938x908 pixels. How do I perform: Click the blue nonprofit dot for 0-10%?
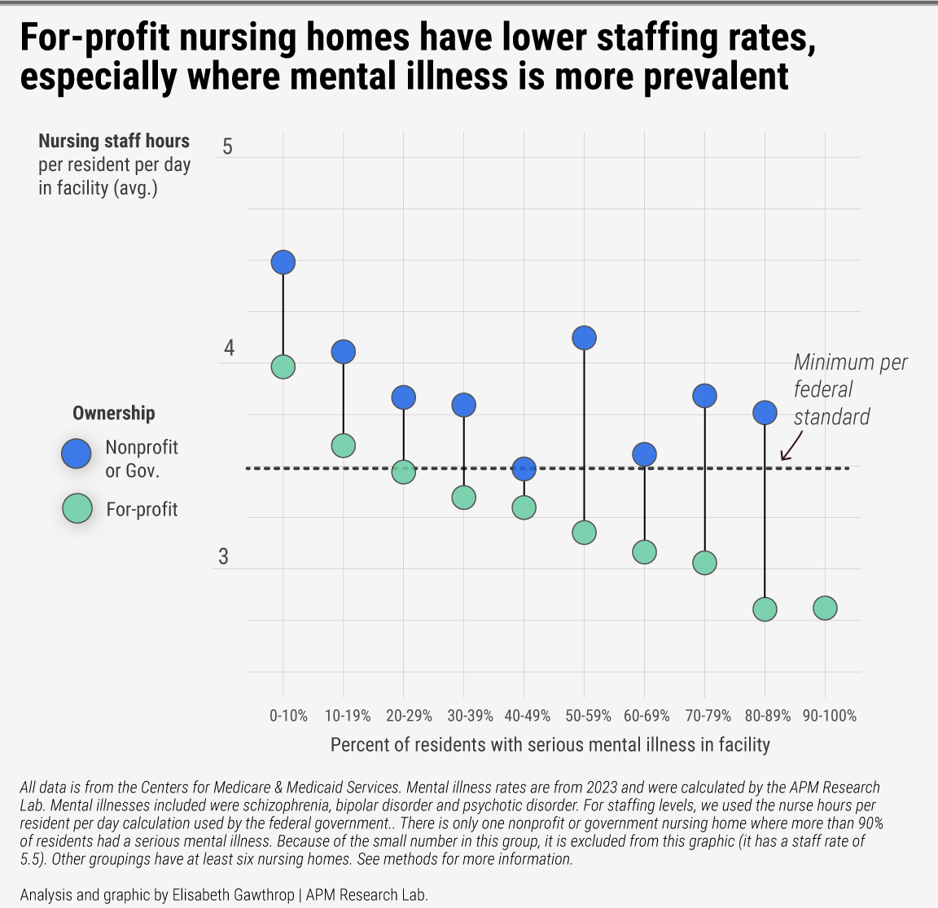point(283,262)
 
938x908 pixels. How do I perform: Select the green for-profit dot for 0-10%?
point(283,367)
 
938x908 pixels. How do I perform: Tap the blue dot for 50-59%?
point(584,337)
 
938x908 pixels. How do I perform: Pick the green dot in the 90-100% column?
point(825,608)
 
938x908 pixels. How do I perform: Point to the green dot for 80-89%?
point(765,609)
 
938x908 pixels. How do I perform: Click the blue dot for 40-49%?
point(524,468)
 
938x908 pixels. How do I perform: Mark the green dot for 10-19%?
point(343,445)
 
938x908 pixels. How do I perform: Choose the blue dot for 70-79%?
point(704,396)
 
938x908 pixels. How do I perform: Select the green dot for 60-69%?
point(644,552)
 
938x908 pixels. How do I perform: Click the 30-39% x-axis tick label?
point(471,716)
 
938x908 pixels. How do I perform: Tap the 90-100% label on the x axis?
point(830,716)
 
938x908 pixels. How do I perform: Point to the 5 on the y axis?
point(227,147)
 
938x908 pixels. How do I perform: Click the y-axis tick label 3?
point(223,557)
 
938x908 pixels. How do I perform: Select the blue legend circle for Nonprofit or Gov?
point(77,453)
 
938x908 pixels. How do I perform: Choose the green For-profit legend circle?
point(77,509)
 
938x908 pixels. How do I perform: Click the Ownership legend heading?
point(113,413)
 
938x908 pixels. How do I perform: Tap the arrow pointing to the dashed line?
point(789,445)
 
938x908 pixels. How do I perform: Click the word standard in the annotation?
point(831,417)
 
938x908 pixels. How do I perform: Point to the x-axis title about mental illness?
point(550,744)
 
